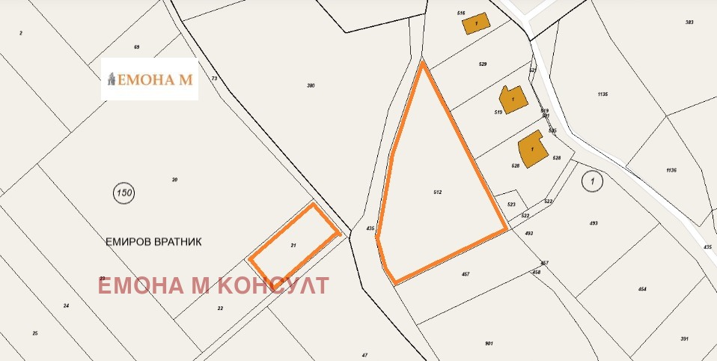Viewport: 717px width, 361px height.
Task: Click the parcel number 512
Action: [438, 192]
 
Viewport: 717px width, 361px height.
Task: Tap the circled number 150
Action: [124, 193]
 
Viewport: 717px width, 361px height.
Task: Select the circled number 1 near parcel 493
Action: [591, 180]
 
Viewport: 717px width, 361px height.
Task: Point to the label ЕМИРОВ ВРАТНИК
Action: [154, 242]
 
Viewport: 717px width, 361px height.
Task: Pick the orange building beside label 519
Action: [513, 99]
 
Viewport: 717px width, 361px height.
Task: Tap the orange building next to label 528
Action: [531, 149]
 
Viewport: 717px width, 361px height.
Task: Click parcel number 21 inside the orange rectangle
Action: [293, 245]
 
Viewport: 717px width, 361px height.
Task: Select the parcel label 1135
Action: [602, 94]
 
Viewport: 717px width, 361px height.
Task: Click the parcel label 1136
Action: [671, 170]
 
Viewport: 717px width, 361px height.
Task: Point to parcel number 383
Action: [689, 22]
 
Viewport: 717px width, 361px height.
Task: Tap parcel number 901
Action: [489, 343]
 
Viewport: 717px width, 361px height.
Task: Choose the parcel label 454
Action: [641, 289]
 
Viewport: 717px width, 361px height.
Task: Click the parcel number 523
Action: [511, 204]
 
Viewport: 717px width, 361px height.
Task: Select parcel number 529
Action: [483, 64]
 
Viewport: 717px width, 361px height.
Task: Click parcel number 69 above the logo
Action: [137, 47]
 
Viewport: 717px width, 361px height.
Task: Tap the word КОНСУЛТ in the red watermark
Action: [272, 285]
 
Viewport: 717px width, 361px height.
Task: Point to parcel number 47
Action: [364, 354]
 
